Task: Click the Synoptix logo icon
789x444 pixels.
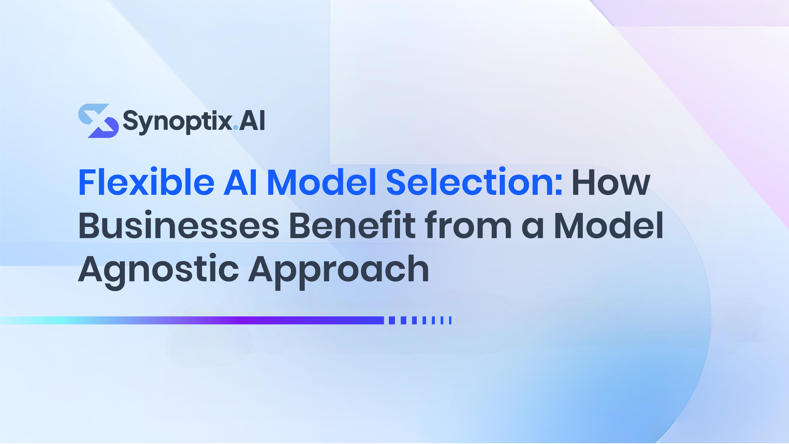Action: pyautogui.click(x=98, y=121)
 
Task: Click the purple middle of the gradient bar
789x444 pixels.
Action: pyautogui.click(x=242, y=320)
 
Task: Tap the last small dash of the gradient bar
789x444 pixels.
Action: pyautogui.click(x=450, y=320)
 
